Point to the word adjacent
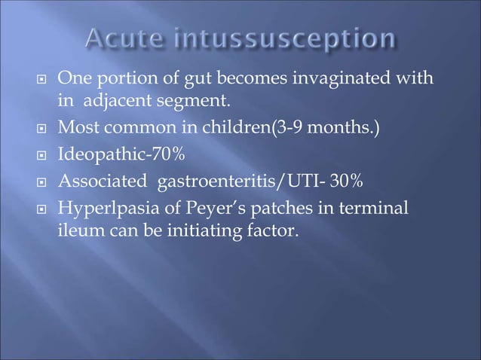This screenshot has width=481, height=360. point(115,98)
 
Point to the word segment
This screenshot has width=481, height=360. point(182,98)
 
